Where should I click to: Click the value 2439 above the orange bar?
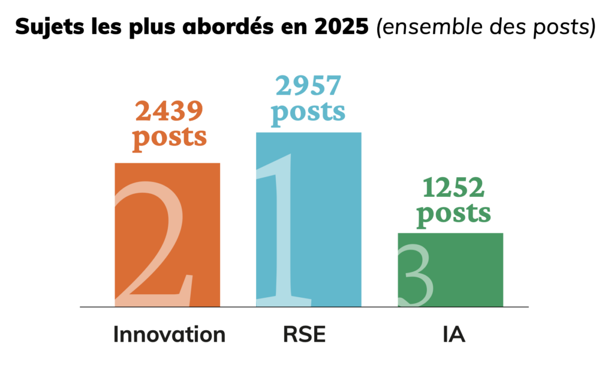point(169,111)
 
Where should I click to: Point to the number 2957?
point(308,87)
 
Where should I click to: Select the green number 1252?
point(453,188)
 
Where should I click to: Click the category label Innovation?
point(169,334)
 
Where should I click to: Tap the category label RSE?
point(304,334)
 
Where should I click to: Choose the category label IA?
point(451,334)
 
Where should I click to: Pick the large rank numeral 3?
point(418,276)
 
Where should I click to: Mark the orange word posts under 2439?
point(169,136)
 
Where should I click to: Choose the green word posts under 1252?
point(453,213)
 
